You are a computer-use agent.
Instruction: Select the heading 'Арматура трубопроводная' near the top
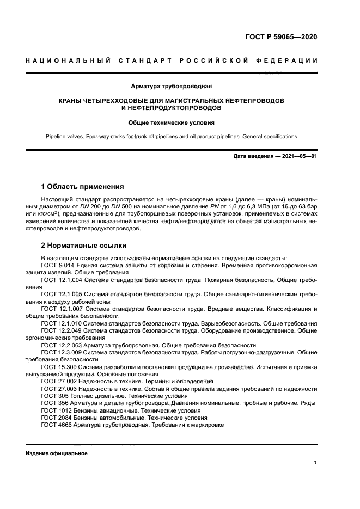point(172,87)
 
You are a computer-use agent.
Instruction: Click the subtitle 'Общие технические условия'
point(172,122)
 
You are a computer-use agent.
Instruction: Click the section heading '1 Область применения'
point(82,186)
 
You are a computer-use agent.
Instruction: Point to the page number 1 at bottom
point(315,463)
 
